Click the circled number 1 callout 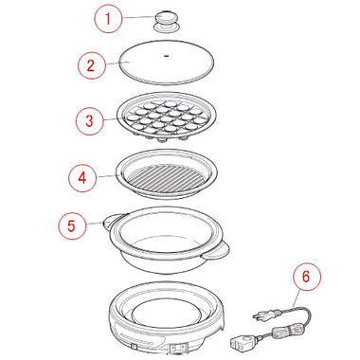point(108,19)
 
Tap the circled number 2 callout point(91,65)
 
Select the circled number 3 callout point(89,121)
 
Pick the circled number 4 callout point(82,178)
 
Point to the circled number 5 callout point(72,225)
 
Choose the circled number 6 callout point(306,277)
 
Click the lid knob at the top point(168,21)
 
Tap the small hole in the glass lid point(167,56)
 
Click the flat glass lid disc point(167,63)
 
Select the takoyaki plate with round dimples point(167,117)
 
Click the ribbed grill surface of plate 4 point(166,178)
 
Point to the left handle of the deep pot point(113,219)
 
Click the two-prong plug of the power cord point(266,315)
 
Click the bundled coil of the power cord point(283,333)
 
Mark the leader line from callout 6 point(297,297)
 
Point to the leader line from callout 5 point(94,224)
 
